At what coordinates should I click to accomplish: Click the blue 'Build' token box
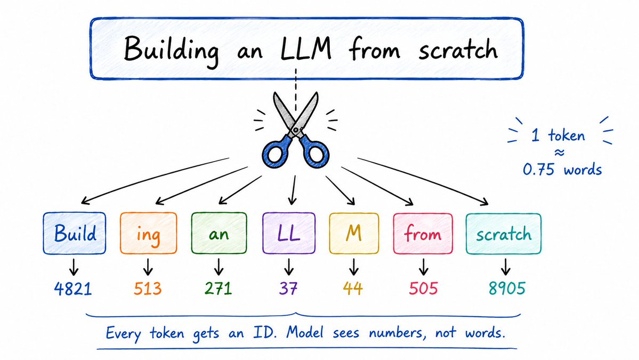(x=74, y=233)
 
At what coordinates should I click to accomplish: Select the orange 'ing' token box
(x=148, y=233)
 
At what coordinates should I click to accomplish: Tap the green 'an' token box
(x=219, y=233)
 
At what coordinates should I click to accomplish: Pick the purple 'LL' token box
(x=289, y=233)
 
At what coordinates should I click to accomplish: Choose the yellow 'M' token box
(x=354, y=233)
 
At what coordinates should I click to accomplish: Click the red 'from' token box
(x=423, y=234)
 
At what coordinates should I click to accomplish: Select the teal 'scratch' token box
(x=504, y=234)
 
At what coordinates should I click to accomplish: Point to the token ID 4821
(x=73, y=289)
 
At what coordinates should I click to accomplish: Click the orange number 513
(x=148, y=289)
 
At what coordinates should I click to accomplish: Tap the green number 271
(x=219, y=289)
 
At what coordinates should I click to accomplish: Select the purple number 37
(x=288, y=289)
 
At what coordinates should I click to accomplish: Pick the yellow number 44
(x=353, y=289)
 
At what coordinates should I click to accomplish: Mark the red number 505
(x=423, y=289)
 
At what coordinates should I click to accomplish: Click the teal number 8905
(x=507, y=289)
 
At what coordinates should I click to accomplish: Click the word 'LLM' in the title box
(x=306, y=49)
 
